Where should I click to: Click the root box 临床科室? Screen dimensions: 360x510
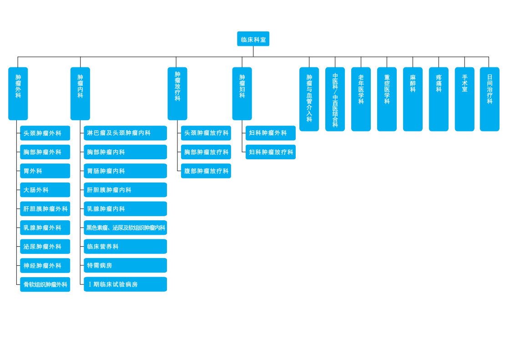click(x=253, y=39)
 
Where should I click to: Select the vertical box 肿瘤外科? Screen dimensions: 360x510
click(x=18, y=93)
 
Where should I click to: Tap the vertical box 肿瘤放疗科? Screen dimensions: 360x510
click(x=177, y=93)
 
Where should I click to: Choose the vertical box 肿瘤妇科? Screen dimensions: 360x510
click(x=242, y=93)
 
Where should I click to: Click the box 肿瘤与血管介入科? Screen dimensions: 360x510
click(x=309, y=99)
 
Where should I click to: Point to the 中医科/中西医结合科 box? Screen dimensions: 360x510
click(x=335, y=99)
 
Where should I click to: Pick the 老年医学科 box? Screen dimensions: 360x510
click(x=361, y=99)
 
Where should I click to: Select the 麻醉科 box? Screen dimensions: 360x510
click(x=413, y=99)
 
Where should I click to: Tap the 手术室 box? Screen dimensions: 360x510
click(x=465, y=99)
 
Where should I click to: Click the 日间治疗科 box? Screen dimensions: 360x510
click(x=490, y=99)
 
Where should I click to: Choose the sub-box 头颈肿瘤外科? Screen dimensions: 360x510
click(x=45, y=133)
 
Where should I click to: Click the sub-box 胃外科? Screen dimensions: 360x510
click(x=45, y=171)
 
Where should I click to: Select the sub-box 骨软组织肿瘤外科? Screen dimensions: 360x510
click(x=45, y=284)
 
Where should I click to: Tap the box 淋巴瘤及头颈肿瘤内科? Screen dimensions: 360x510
click(x=125, y=133)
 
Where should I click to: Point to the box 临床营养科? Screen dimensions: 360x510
click(x=125, y=247)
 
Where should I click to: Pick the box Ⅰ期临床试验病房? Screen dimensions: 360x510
click(x=125, y=284)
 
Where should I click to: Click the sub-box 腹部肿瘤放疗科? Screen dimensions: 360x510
click(x=206, y=171)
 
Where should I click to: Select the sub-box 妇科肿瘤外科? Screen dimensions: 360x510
click(x=270, y=133)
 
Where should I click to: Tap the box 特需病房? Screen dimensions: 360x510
click(x=125, y=265)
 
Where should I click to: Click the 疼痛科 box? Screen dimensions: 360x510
click(x=439, y=99)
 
